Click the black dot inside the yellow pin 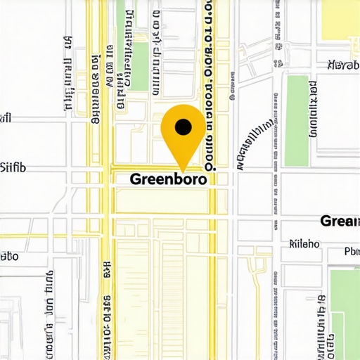(x=183, y=127)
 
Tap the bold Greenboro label (x=169, y=179)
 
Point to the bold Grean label (x=340, y=221)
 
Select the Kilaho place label (x=304, y=244)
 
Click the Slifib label (x=13, y=167)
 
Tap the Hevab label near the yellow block (x=343, y=65)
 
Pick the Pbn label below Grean (x=351, y=252)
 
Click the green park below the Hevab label (x=297, y=120)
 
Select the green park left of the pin (x=141, y=66)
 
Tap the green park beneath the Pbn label (x=345, y=309)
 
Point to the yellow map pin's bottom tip (x=183, y=171)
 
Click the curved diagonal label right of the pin (x=255, y=144)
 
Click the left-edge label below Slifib (x=8, y=256)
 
